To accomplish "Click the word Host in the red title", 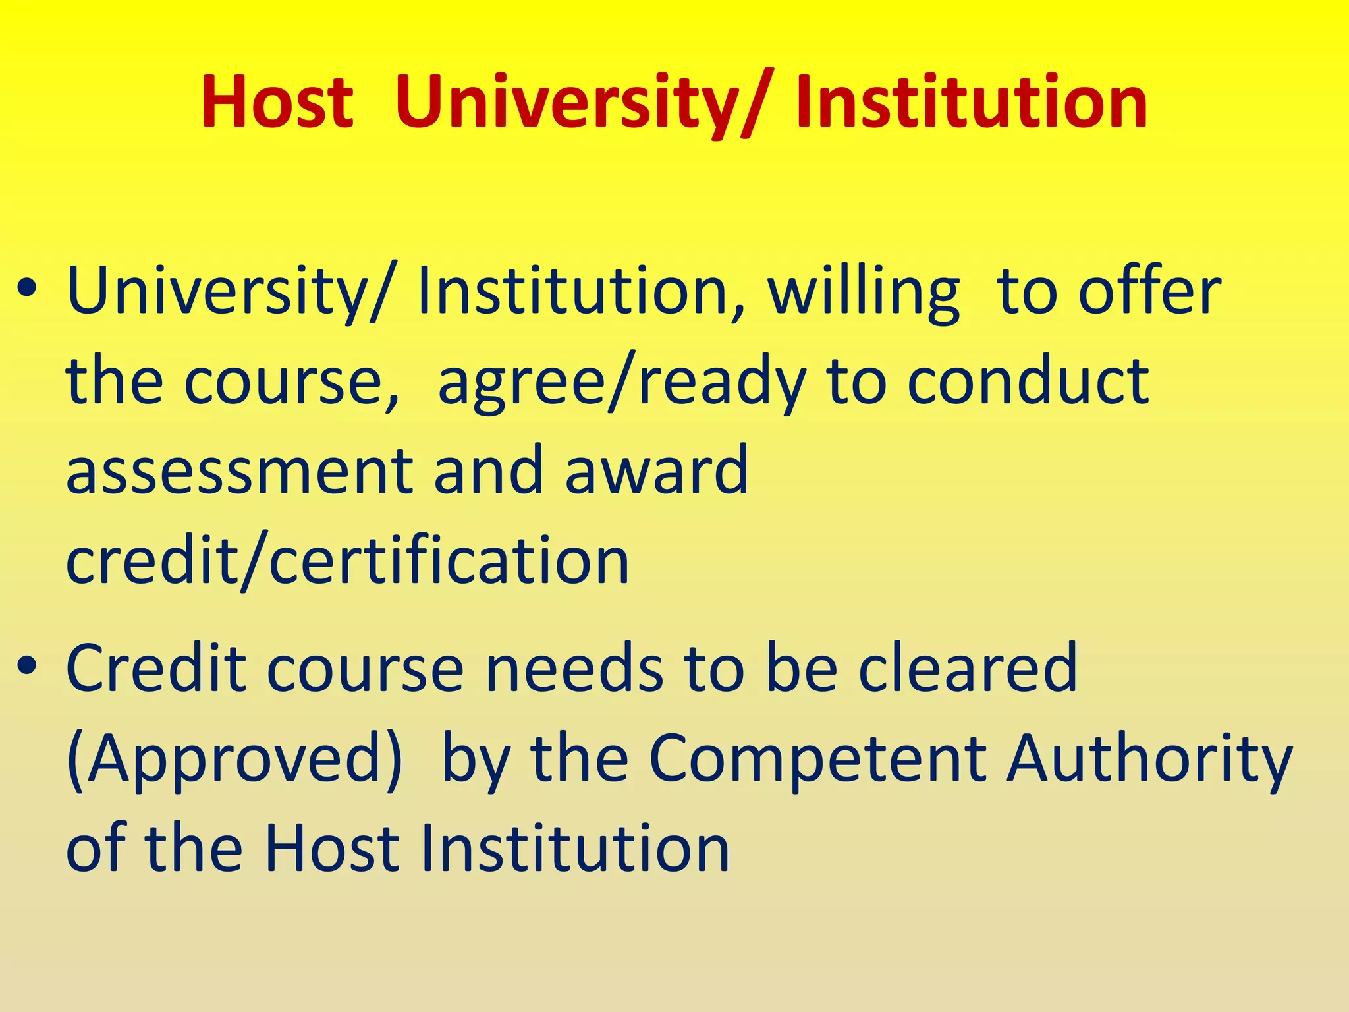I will tap(277, 102).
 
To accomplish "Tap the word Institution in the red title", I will tap(972, 102).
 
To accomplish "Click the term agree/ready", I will tap(622, 382).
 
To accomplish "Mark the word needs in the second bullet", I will tap(574, 668).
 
